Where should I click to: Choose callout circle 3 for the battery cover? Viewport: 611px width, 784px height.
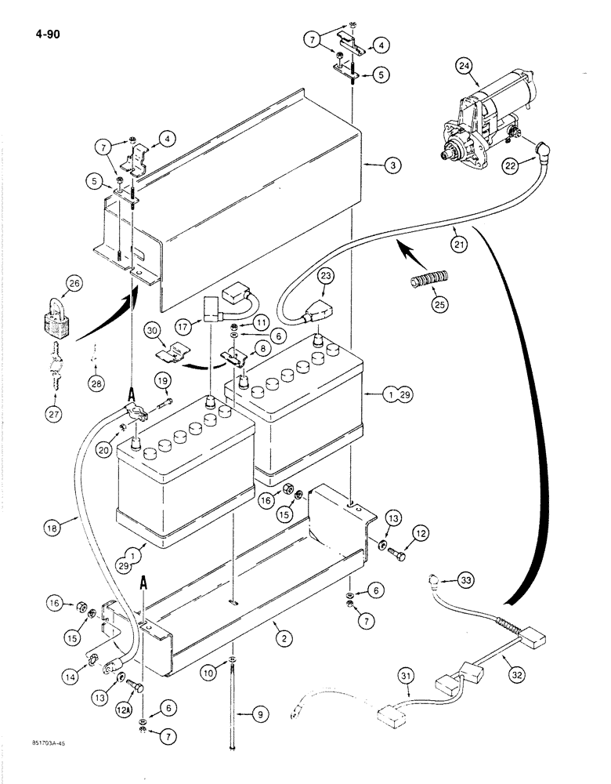tap(392, 165)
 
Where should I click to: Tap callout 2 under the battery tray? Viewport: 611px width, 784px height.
tap(284, 640)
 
